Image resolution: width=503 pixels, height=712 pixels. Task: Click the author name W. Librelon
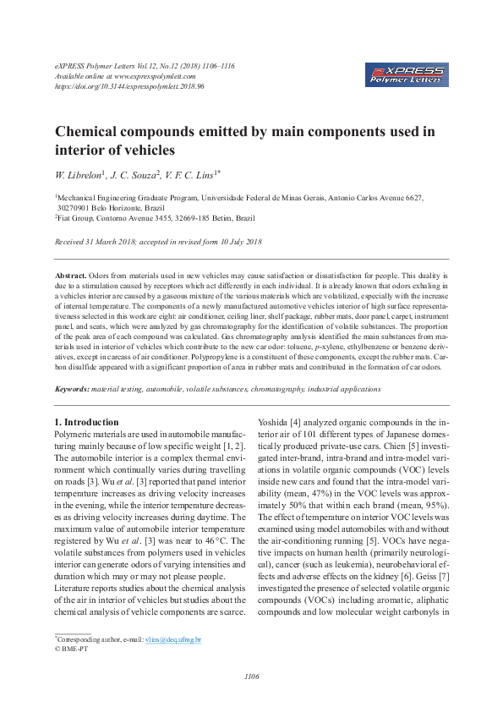click(79, 175)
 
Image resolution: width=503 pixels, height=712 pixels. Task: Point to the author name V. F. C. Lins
click(193, 175)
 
